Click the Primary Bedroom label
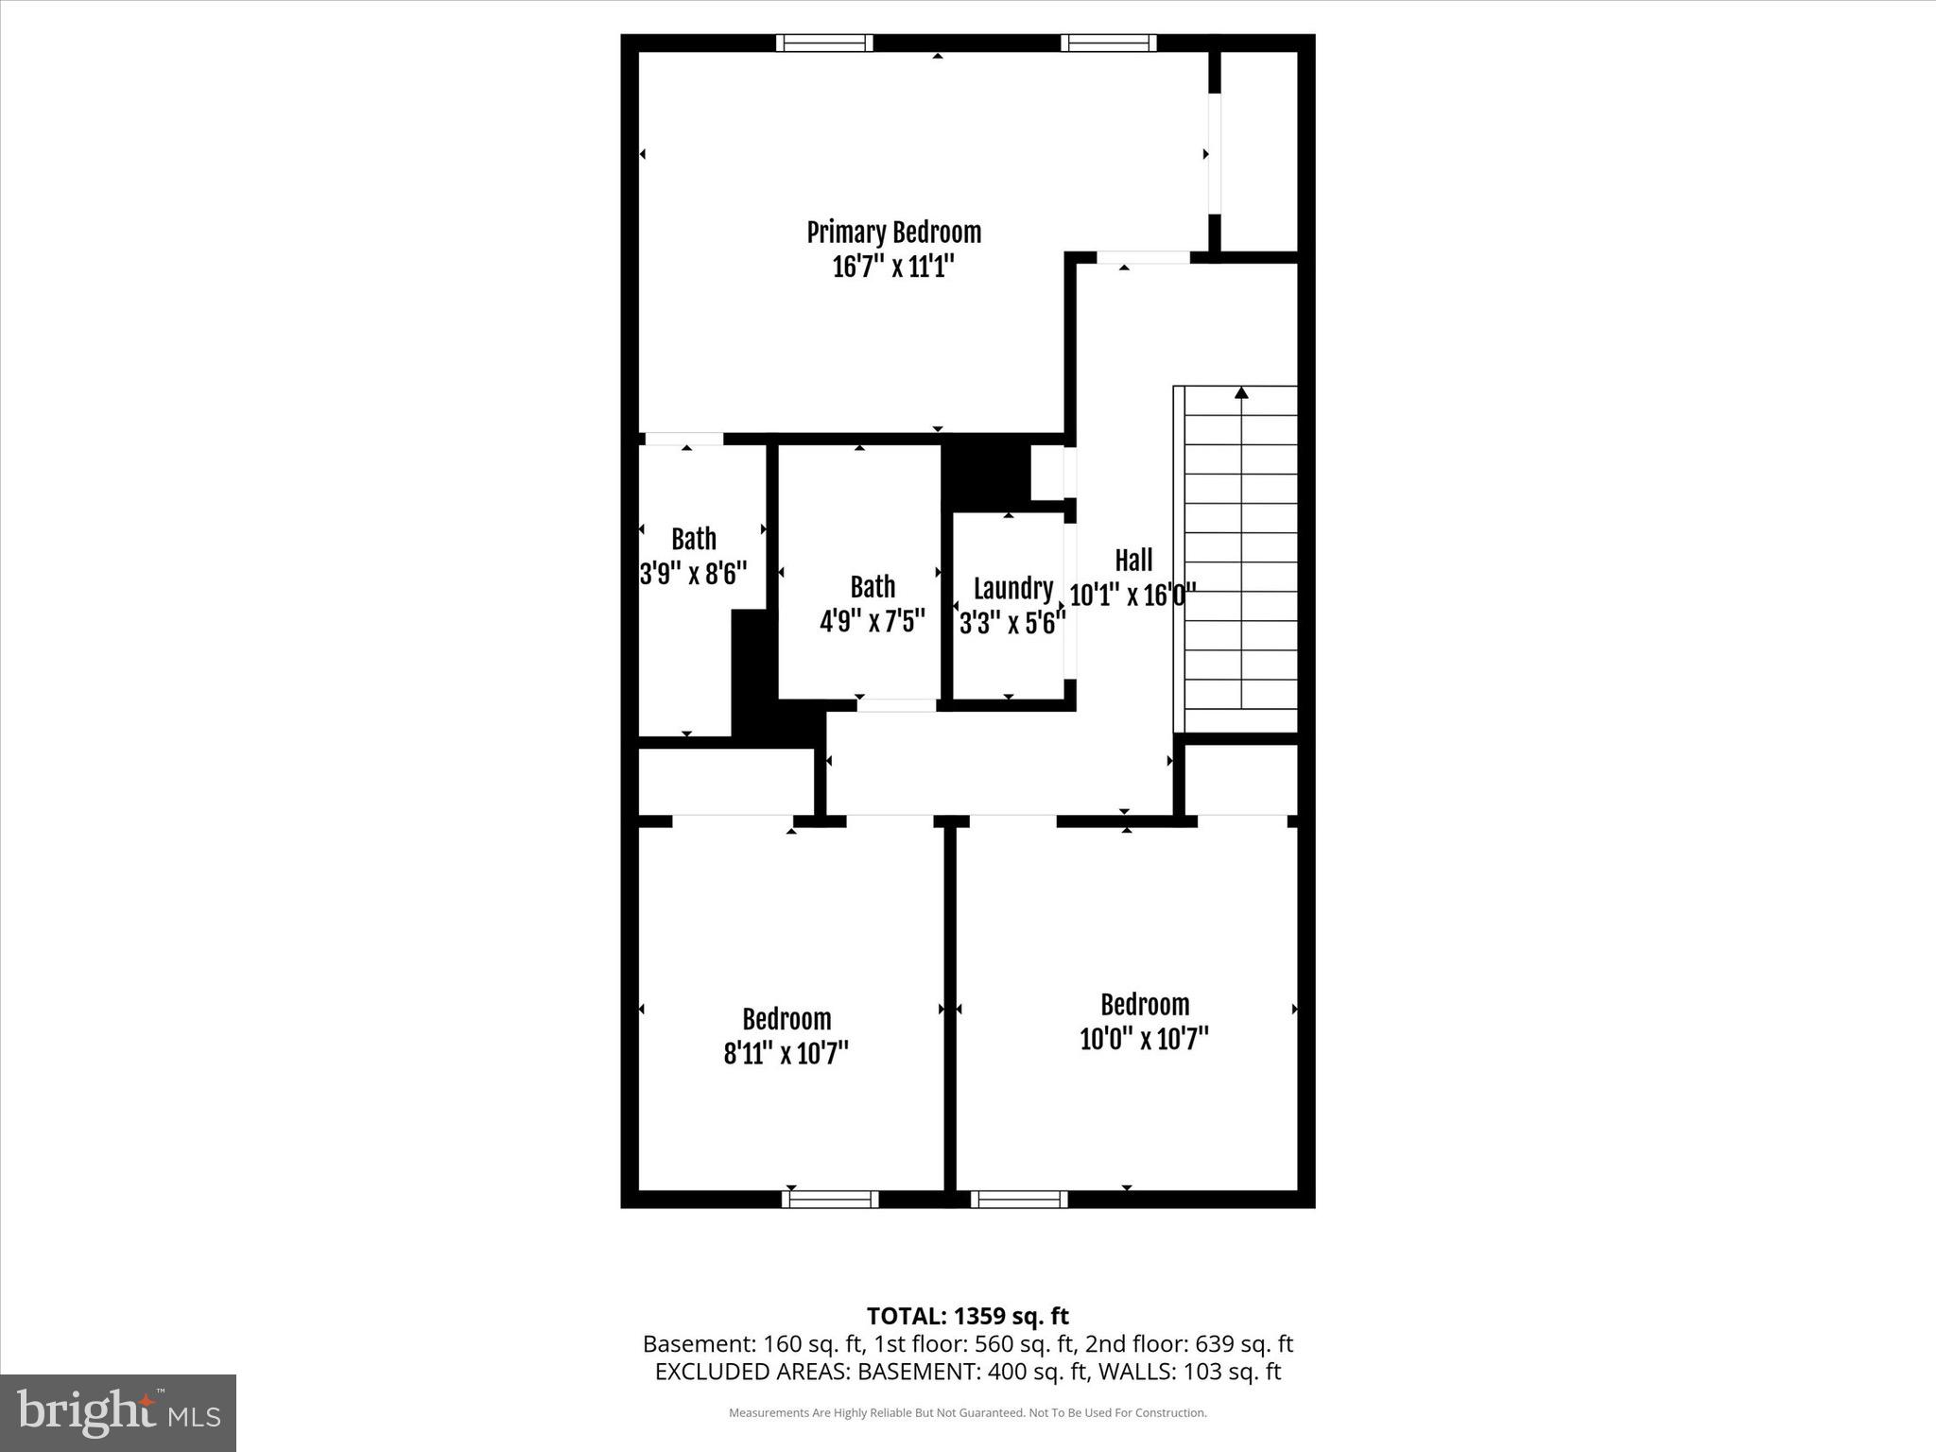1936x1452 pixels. click(893, 233)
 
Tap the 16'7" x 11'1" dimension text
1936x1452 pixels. click(893, 268)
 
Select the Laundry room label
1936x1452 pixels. click(1013, 588)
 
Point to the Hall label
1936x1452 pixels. click(1133, 561)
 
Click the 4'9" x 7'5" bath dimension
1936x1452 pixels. click(872, 621)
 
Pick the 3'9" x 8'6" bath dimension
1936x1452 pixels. click(694, 573)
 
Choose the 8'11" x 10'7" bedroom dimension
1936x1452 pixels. click(786, 1053)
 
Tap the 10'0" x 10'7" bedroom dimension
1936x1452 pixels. click(1145, 1039)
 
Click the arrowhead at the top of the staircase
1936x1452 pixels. click(1241, 392)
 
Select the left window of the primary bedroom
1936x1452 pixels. click(824, 43)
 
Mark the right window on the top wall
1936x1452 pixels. click(1109, 43)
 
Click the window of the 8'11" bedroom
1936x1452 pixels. click(830, 1199)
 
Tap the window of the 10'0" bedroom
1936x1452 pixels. click(1019, 1199)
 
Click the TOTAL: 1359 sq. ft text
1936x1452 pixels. click(967, 1316)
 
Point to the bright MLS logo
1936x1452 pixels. click(118, 1412)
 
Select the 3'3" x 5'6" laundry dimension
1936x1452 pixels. click(1012, 622)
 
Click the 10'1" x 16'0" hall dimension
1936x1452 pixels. click(1133, 596)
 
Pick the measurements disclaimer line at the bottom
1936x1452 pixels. click(967, 1413)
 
